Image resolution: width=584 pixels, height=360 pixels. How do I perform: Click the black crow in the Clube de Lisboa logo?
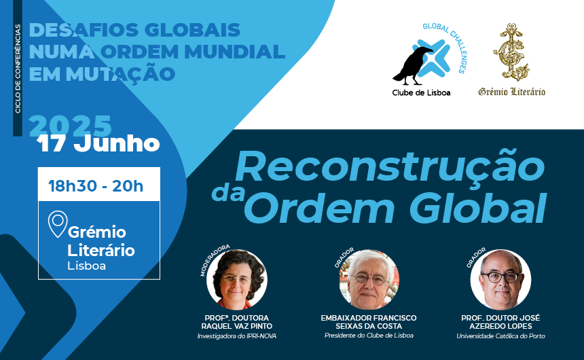tap(412, 66)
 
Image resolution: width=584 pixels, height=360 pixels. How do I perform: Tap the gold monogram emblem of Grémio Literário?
tap(511, 52)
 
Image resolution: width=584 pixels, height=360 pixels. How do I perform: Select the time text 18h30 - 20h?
tap(96, 185)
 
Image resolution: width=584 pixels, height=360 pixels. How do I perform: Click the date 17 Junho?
tap(98, 144)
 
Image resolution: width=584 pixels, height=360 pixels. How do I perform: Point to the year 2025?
tap(71, 126)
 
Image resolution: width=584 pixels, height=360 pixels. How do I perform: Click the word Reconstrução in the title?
tap(390, 167)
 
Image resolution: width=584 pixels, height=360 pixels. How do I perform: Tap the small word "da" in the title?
tap(228, 193)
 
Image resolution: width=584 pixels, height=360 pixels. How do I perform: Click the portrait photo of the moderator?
tap(237, 279)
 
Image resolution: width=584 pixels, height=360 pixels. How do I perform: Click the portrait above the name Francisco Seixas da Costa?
tap(369, 279)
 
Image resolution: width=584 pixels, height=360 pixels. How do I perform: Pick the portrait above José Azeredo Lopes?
tap(500, 279)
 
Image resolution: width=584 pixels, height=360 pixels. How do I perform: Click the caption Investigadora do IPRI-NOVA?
tap(237, 336)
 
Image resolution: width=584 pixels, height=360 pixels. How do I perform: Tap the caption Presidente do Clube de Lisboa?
tap(369, 336)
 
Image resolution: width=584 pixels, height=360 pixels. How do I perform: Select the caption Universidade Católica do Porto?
tap(500, 336)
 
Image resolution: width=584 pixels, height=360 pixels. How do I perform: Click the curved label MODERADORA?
tap(214, 259)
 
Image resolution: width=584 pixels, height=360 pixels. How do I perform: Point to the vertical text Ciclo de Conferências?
tap(18, 69)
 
